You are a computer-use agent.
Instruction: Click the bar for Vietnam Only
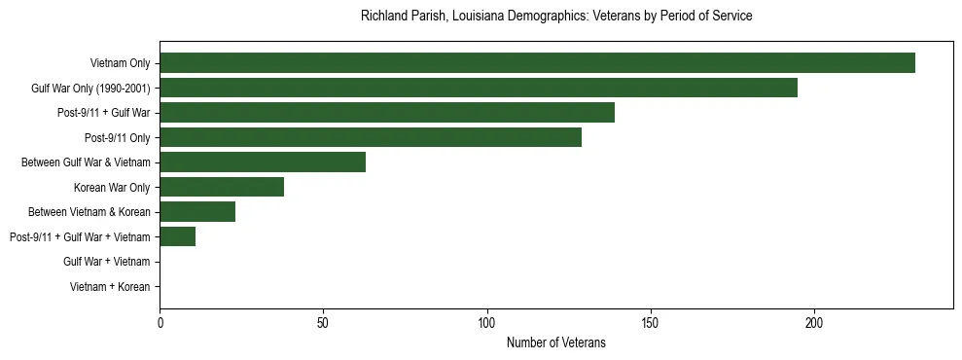click(x=537, y=63)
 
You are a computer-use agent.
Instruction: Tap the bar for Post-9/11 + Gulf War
click(x=387, y=113)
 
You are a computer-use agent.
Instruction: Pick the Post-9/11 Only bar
click(x=371, y=138)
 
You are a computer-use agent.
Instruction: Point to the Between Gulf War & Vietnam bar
click(x=263, y=162)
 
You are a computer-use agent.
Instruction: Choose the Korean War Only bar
click(x=222, y=188)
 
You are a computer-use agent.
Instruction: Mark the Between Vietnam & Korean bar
click(x=197, y=212)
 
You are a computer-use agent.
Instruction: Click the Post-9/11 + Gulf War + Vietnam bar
click(x=178, y=237)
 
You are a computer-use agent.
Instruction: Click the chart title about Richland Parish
click(x=556, y=17)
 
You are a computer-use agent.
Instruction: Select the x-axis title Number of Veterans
click(x=556, y=342)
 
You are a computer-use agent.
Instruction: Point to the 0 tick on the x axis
click(x=160, y=323)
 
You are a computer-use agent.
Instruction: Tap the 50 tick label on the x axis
click(x=323, y=323)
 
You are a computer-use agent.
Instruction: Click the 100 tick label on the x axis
click(x=486, y=323)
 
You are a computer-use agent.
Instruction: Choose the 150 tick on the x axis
click(x=651, y=323)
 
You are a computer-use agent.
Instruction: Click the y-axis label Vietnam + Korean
click(x=110, y=287)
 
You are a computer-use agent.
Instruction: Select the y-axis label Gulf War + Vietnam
click(x=107, y=262)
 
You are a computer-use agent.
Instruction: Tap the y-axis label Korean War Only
click(x=112, y=188)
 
